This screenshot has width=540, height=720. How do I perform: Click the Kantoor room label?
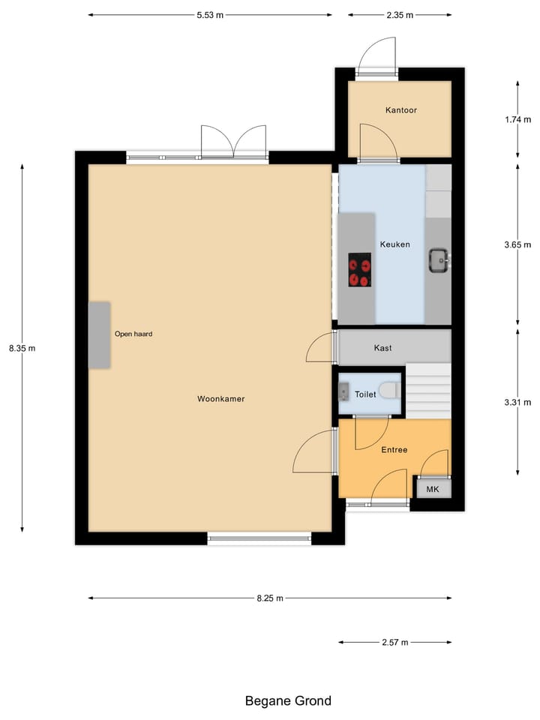click(x=400, y=110)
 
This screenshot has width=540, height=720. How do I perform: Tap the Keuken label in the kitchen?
click(x=394, y=244)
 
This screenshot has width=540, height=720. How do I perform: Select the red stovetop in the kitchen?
click(x=359, y=270)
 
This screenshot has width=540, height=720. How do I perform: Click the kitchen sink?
click(x=439, y=260)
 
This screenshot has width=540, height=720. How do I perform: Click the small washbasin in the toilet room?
click(x=343, y=392)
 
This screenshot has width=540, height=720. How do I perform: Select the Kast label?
click(x=382, y=348)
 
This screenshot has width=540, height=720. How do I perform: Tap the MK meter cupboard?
click(x=433, y=489)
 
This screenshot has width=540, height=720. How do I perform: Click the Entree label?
click(x=394, y=450)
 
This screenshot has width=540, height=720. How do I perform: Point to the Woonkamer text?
click(x=221, y=399)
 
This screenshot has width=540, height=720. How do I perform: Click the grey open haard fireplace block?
click(x=99, y=334)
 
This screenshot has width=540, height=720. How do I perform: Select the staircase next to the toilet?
click(x=429, y=390)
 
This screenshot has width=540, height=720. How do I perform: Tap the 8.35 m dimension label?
click(x=22, y=348)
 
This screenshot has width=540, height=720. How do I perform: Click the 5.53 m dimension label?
click(x=210, y=14)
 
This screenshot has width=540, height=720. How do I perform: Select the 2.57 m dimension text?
click(x=394, y=642)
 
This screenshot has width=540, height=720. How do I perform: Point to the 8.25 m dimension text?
click(x=270, y=598)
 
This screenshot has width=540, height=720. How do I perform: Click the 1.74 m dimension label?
click(x=517, y=119)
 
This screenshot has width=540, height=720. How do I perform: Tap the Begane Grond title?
click(x=288, y=701)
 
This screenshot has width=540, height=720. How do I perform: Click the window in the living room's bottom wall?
click(x=259, y=537)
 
